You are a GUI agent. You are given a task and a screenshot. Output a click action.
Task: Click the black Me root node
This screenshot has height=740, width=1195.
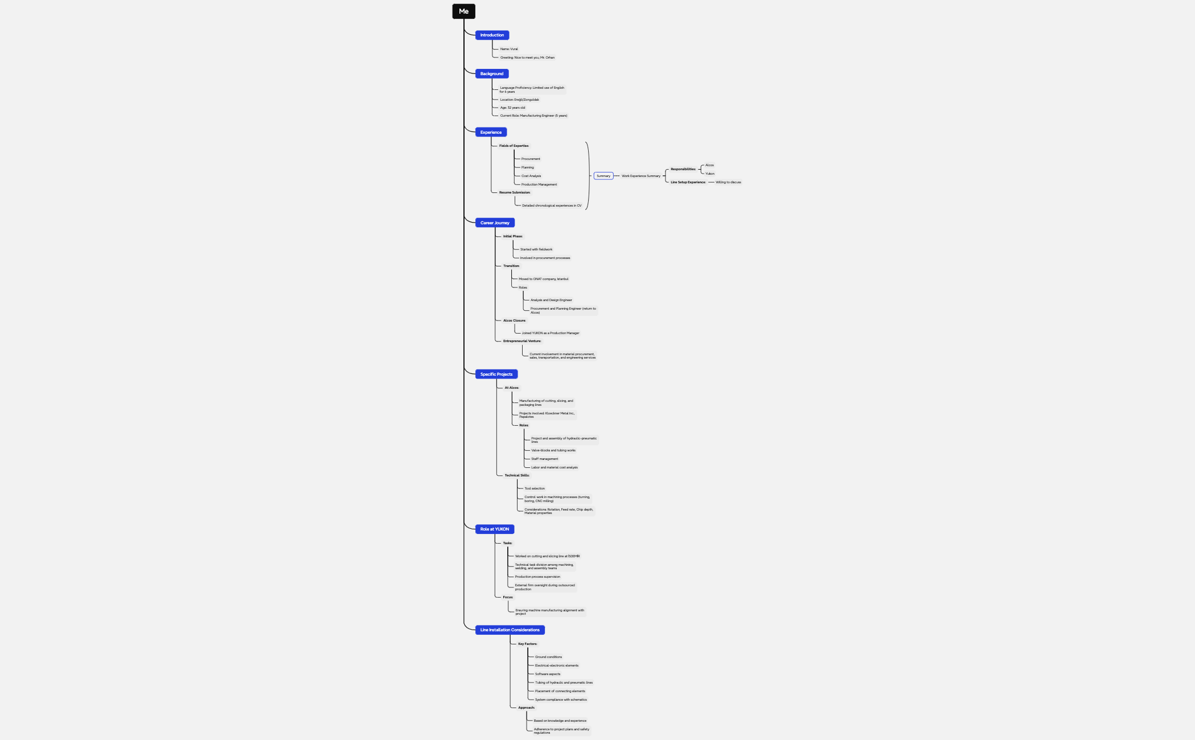point(463,11)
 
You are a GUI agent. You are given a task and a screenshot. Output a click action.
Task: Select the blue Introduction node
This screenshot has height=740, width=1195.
point(492,35)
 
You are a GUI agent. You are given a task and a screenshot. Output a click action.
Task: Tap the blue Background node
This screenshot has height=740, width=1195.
point(492,74)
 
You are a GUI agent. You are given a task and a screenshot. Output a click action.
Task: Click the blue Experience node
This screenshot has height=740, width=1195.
point(491,133)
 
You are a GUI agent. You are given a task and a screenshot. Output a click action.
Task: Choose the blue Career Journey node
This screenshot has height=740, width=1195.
point(495,223)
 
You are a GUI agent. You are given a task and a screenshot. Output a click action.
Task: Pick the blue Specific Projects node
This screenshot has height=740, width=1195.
point(496,375)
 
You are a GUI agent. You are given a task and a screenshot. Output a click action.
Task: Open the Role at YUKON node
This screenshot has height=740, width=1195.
point(494,529)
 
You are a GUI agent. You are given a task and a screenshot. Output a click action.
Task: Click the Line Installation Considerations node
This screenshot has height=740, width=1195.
point(510,630)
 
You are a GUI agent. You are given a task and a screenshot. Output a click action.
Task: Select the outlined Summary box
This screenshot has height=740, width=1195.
point(603,176)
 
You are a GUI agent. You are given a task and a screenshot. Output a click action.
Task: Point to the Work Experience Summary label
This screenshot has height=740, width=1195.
point(641,176)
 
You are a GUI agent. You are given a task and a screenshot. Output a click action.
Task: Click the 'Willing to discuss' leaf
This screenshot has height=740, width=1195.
point(728,182)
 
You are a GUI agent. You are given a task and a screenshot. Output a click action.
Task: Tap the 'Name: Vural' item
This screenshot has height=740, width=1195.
point(509,49)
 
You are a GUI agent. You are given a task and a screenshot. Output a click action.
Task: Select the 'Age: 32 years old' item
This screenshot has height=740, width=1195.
point(512,108)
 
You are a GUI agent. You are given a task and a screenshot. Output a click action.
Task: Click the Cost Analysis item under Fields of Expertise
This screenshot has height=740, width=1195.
point(531,176)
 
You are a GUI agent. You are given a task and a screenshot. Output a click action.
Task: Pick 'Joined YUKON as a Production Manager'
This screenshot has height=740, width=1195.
point(551,333)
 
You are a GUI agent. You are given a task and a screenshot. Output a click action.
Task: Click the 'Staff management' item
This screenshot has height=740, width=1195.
point(544,459)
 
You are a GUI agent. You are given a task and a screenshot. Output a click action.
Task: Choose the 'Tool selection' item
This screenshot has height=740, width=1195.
point(535,488)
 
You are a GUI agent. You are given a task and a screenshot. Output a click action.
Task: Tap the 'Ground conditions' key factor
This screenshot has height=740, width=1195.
point(548,657)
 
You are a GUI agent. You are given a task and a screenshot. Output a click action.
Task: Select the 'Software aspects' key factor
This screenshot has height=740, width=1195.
point(548,674)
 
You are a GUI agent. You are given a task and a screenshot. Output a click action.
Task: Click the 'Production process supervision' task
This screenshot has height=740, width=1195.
point(537,577)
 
